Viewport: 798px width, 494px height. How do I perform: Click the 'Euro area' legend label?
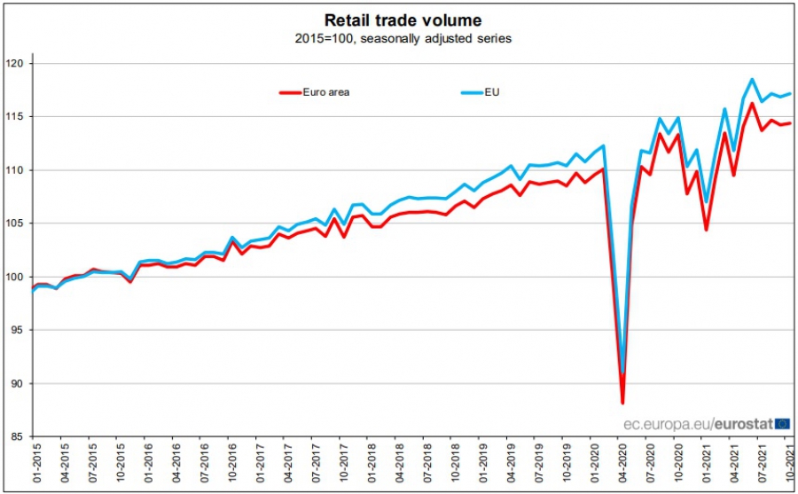tap(326, 91)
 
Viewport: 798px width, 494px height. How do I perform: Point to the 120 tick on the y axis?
tap(18, 64)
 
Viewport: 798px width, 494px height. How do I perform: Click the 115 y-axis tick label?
tap(18, 117)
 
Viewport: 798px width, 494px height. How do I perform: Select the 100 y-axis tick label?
tap(18, 277)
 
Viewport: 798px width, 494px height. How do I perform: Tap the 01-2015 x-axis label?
tap(35, 466)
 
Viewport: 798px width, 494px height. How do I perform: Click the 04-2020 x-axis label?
tap(623, 466)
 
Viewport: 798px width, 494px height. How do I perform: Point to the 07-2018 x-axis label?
tap(427, 466)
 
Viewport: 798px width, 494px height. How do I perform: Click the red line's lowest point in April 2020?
tap(622, 403)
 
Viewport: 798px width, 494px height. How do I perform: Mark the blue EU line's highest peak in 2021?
tap(752, 80)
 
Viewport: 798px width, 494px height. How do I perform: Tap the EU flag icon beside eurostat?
tap(783, 425)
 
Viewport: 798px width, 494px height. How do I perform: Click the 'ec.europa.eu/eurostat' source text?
tap(697, 425)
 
